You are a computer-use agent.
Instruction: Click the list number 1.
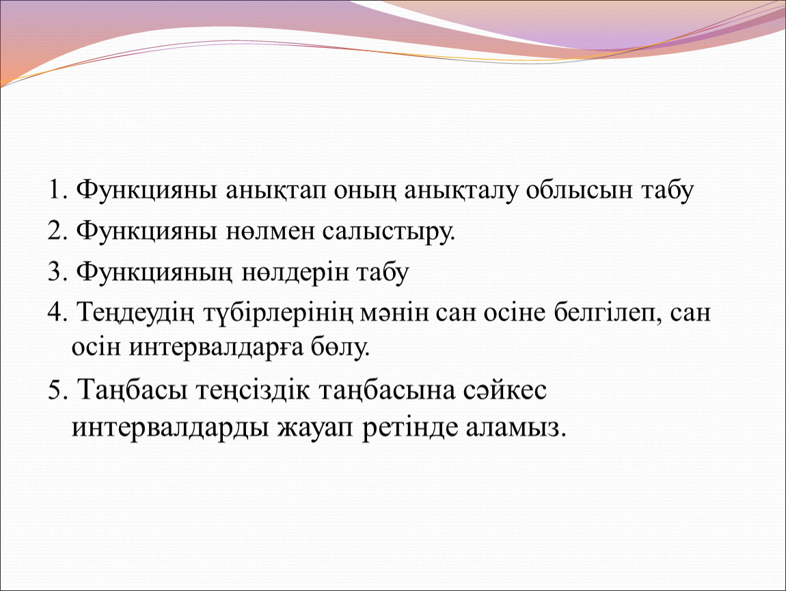(x=57, y=190)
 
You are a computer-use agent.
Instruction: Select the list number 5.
(x=57, y=390)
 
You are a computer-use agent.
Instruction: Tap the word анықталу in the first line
(x=461, y=191)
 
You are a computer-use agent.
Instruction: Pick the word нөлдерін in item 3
(x=295, y=274)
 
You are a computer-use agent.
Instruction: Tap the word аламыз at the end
(x=516, y=428)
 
